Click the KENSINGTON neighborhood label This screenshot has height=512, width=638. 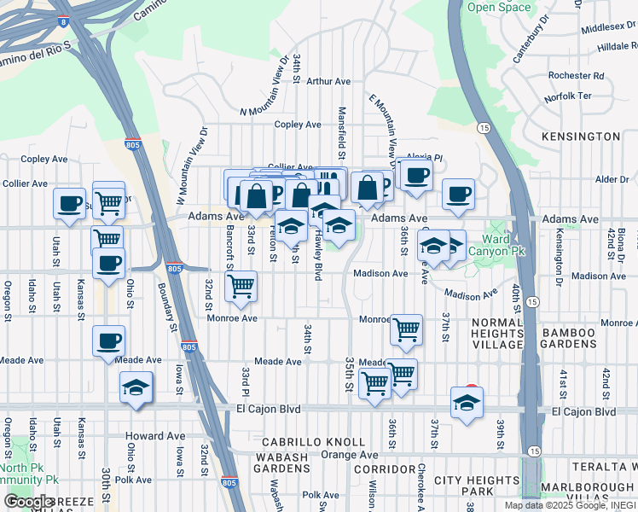[581, 137]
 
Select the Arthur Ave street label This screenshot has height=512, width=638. [328, 82]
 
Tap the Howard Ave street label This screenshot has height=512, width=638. [155, 436]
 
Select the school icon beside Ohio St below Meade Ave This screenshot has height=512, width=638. [136, 387]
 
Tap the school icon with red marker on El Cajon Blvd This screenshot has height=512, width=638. [467, 404]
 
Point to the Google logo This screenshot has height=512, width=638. [29, 502]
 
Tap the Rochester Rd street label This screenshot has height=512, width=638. [576, 75]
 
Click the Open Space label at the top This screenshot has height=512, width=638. [499, 8]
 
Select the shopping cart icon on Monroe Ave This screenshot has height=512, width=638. [407, 329]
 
